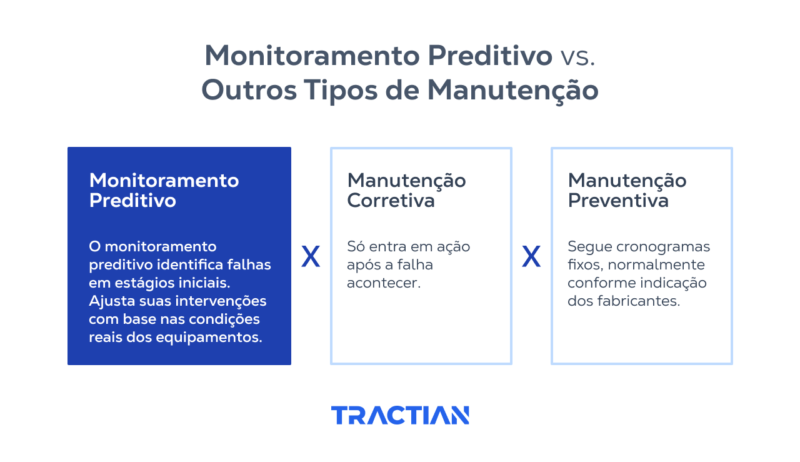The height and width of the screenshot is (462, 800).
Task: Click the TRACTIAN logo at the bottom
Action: coord(400,415)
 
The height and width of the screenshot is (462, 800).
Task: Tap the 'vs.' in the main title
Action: coord(577,56)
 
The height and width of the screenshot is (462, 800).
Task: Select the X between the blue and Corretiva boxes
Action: coord(311,256)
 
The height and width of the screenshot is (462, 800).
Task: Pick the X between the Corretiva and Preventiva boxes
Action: coord(531,256)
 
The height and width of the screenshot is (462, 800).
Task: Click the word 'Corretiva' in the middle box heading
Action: coord(391,201)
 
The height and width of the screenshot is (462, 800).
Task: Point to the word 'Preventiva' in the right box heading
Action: coord(618,201)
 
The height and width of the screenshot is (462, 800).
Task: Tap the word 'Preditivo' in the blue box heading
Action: coord(132,201)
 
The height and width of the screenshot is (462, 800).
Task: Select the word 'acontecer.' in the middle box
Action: coord(384,283)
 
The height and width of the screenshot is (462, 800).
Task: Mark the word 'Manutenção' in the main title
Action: coord(512,90)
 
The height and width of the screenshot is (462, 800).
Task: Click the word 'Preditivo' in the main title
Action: coord(490,56)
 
